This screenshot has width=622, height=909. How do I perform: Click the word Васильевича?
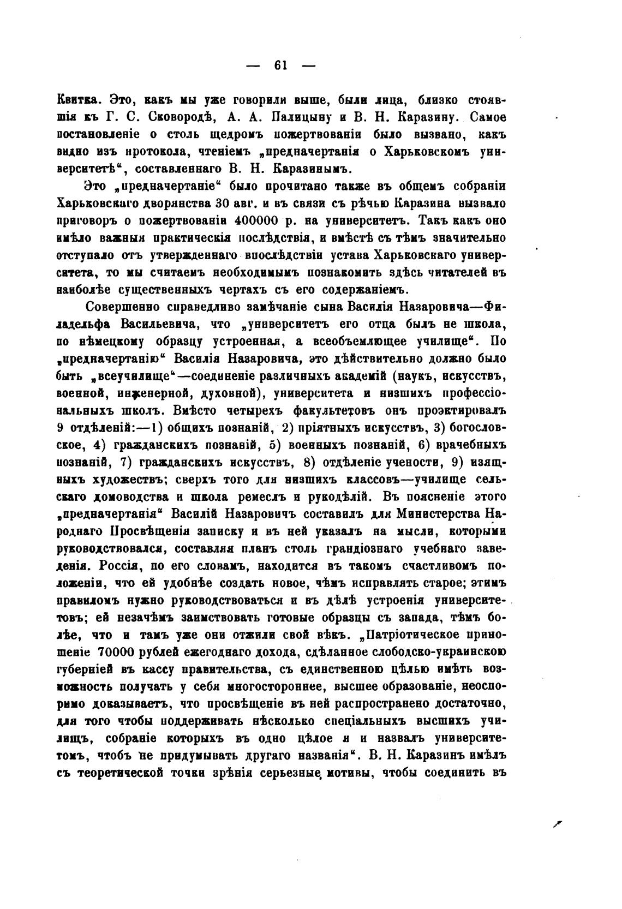157,324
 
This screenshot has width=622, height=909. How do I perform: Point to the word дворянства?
171,204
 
